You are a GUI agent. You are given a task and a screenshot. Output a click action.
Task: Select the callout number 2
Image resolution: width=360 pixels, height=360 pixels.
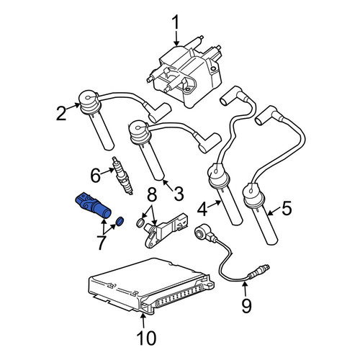(x=61, y=114)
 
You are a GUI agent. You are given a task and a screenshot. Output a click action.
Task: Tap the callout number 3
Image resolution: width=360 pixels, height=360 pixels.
(x=178, y=194)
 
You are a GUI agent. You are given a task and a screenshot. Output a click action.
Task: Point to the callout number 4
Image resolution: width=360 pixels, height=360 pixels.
(x=202, y=210)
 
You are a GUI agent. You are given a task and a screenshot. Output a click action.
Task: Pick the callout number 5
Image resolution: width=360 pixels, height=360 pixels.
(x=287, y=208)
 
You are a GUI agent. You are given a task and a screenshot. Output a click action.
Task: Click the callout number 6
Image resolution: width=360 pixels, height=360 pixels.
(x=95, y=176)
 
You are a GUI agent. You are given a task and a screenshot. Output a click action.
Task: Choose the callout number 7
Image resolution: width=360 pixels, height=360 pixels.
(x=101, y=243)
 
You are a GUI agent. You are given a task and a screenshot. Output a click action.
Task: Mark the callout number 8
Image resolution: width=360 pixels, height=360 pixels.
(x=152, y=194)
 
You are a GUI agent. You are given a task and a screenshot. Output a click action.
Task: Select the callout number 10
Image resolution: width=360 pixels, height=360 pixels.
(x=146, y=338)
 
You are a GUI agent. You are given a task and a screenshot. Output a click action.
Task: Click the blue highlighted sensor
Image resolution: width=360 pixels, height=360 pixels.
(x=94, y=205)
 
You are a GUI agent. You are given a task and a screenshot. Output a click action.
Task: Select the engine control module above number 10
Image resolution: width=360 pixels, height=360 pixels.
(x=151, y=287)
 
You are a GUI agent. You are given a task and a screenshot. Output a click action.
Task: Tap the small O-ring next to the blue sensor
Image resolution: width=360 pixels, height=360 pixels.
(x=120, y=221)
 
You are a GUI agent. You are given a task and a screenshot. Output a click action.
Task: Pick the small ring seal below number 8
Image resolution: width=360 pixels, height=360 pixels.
(x=141, y=222)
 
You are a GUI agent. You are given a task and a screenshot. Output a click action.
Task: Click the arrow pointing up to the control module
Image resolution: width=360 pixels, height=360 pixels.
(x=143, y=320)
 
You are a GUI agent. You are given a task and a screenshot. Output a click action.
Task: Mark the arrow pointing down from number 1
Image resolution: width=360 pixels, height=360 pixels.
(x=176, y=39)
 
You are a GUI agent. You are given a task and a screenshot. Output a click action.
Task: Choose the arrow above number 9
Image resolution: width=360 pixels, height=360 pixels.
(x=245, y=289)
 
